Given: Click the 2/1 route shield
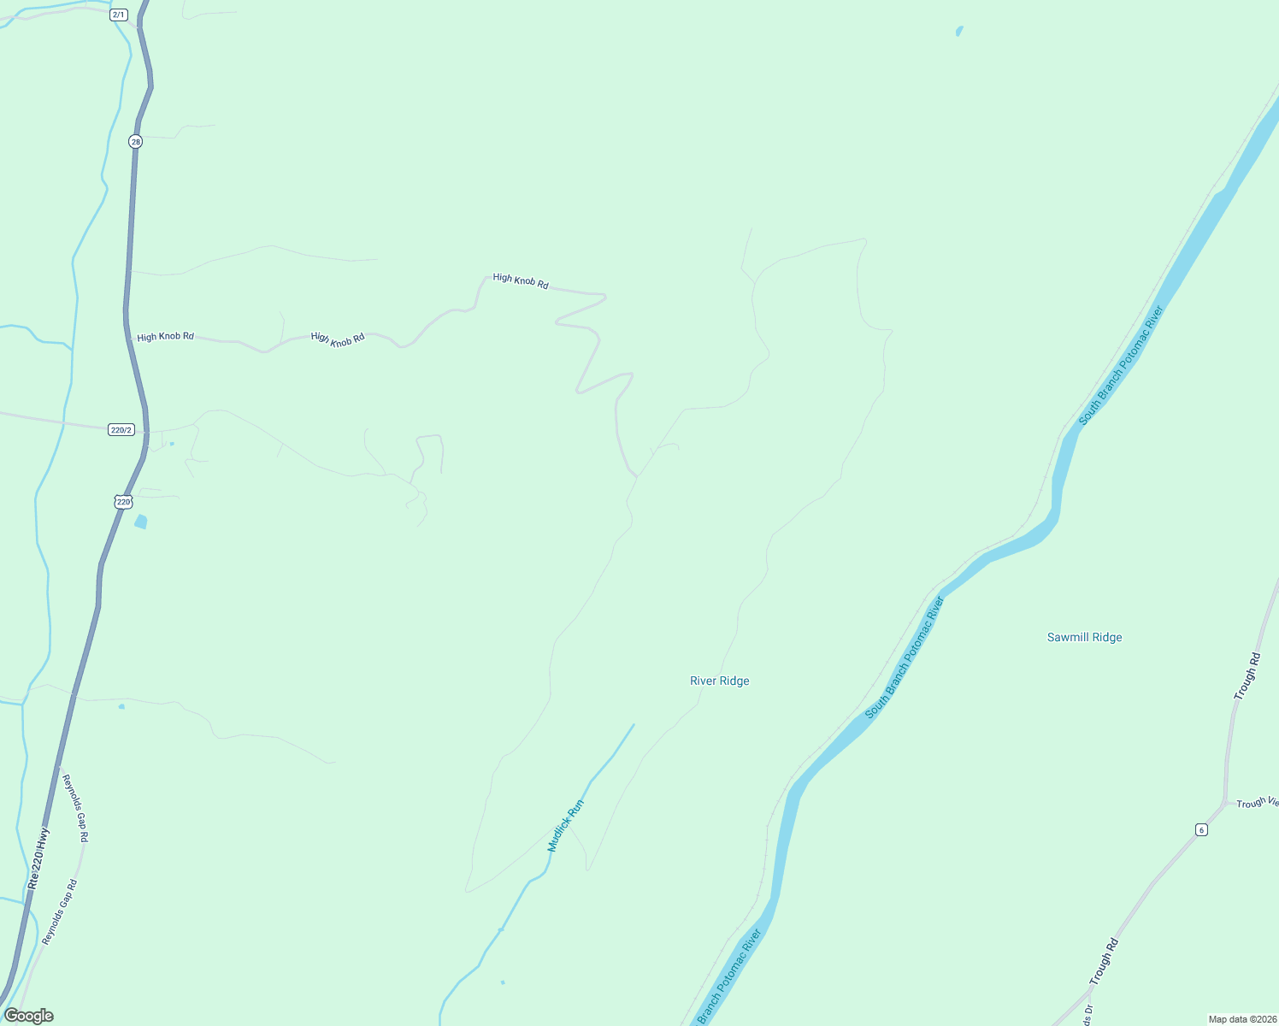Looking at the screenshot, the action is pyautogui.click(x=119, y=15).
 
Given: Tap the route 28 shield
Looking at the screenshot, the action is pyautogui.click(x=135, y=141).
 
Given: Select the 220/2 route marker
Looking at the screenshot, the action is pyautogui.click(x=121, y=429).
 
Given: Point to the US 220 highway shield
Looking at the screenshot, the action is pyautogui.click(x=123, y=502).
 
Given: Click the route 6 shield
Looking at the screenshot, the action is pyautogui.click(x=1201, y=830).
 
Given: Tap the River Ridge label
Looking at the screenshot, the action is pyautogui.click(x=719, y=681).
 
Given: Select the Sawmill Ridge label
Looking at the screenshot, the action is pyautogui.click(x=1084, y=637).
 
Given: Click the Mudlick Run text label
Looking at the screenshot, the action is pyautogui.click(x=565, y=825).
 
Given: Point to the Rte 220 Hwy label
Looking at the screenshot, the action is pyautogui.click(x=38, y=858).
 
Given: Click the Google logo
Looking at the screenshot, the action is pyautogui.click(x=28, y=1016).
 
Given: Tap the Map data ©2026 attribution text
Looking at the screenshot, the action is pyautogui.click(x=1241, y=1019).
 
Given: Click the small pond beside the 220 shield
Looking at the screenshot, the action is pyautogui.click(x=141, y=522).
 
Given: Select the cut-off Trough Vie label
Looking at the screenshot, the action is pyautogui.click(x=1257, y=803).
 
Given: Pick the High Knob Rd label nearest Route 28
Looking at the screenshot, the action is pyautogui.click(x=165, y=337).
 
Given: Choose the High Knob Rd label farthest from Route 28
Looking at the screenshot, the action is pyautogui.click(x=520, y=281).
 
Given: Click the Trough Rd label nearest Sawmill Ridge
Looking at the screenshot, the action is pyautogui.click(x=1247, y=676).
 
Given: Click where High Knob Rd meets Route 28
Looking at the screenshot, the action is pyautogui.click(x=127, y=336).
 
